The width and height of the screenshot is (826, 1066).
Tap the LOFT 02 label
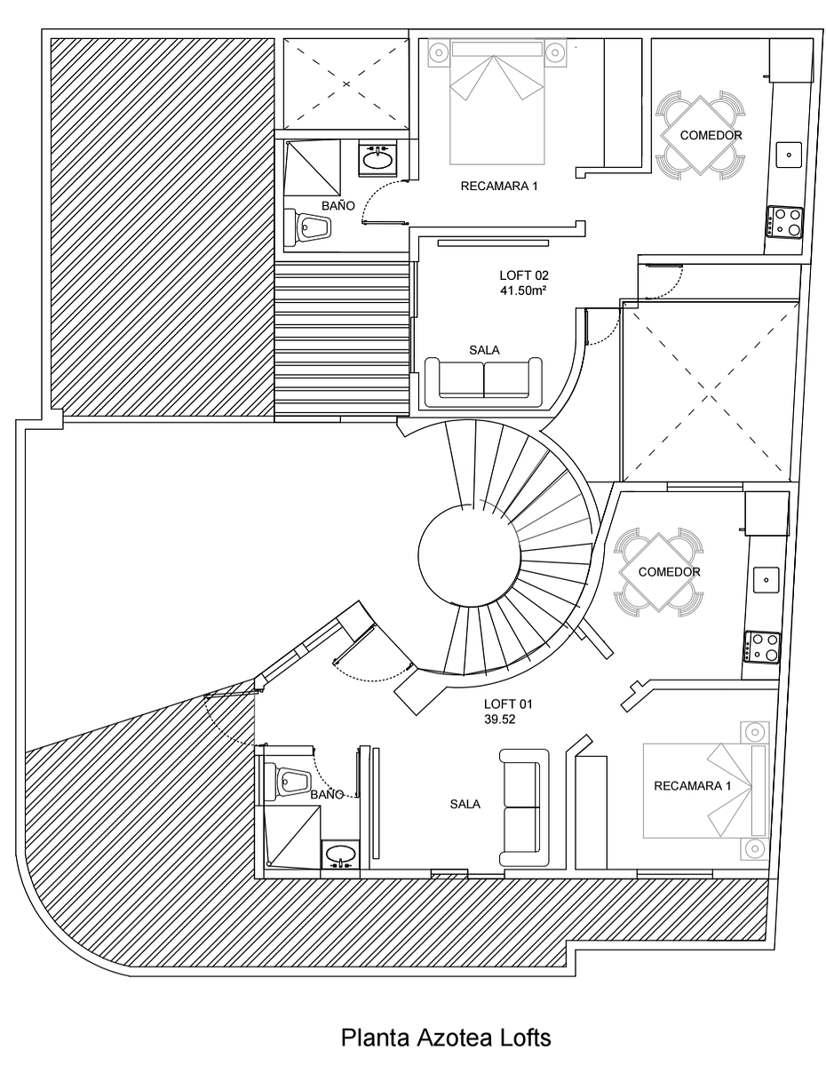[523, 275]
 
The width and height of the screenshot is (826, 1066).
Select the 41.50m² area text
[523, 290]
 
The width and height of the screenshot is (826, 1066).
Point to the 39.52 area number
[500, 720]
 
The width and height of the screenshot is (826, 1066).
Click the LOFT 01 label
[508, 704]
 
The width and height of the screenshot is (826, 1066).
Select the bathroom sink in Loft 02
[377, 159]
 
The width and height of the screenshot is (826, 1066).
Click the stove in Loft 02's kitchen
[785, 222]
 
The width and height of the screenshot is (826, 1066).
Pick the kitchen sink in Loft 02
[789, 155]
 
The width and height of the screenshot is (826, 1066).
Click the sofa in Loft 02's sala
[483, 382]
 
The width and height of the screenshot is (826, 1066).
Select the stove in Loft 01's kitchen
[762, 648]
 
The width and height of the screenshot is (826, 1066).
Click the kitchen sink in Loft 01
[766, 580]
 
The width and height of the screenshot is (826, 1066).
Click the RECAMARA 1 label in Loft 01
[692, 786]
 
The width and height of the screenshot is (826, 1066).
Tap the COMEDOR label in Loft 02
[711, 135]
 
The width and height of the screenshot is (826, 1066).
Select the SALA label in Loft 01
[465, 804]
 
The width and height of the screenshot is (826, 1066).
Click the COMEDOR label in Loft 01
[669, 571]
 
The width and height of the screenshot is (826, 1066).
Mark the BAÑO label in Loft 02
[338, 205]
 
